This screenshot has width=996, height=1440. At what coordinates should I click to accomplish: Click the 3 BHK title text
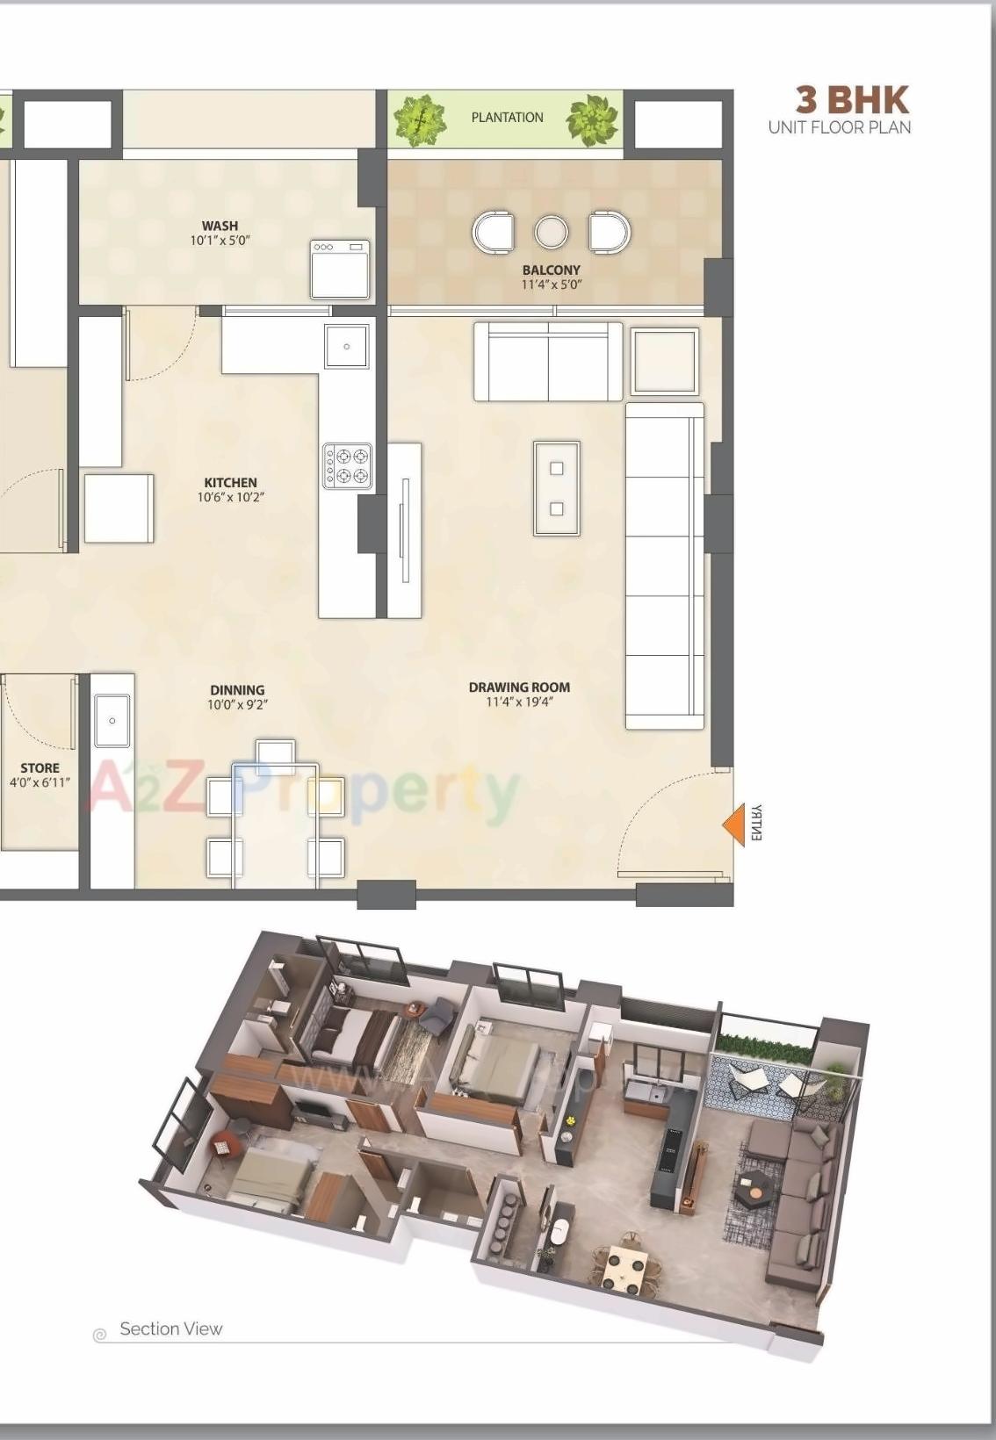point(851,99)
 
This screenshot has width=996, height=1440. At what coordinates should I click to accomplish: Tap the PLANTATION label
point(507,118)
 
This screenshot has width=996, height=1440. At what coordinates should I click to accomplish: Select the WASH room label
point(220,226)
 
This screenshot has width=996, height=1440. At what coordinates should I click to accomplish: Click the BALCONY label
point(551,270)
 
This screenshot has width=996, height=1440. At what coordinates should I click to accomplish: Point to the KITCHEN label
point(230,482)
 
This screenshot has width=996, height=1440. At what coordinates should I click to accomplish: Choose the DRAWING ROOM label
point(518,687)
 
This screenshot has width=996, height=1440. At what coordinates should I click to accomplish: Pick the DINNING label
point(237,690)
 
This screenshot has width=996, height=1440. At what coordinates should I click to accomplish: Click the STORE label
point(40,767)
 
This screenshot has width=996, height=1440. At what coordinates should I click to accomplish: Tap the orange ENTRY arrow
point(733,824)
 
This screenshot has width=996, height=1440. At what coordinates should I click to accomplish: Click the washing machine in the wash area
point(339,269)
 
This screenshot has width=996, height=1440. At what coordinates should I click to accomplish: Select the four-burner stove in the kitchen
point(347,465)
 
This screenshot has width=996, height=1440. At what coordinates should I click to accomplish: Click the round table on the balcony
point(551,233)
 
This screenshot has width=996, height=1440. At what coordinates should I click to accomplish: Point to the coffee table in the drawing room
point(556,488)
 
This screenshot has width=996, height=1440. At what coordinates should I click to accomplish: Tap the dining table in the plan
point(274,825)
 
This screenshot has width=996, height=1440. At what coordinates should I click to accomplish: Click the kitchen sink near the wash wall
point(347,346)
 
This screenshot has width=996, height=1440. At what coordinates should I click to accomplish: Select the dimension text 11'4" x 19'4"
point(518,702)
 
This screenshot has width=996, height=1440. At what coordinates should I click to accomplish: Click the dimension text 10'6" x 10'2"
point(230,497)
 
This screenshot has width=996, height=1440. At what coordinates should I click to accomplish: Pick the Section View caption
point(170,1329)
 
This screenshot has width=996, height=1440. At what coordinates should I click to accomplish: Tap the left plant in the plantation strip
point(420,119)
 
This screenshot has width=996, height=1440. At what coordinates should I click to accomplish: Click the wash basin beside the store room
point(112,721)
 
